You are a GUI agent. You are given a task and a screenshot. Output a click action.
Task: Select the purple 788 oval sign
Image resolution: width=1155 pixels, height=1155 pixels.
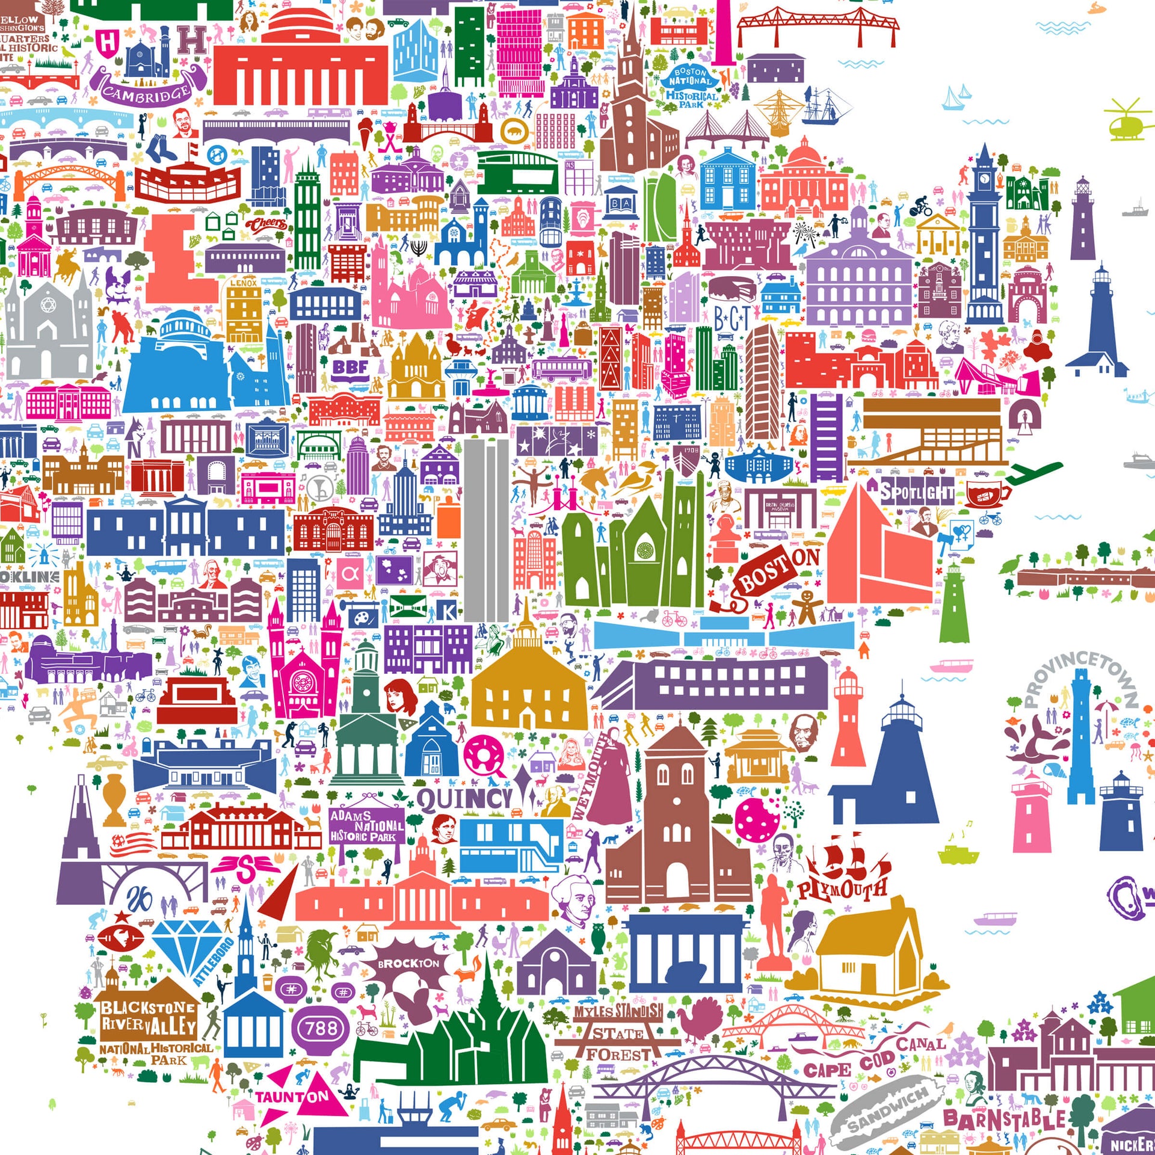pos(321,1029)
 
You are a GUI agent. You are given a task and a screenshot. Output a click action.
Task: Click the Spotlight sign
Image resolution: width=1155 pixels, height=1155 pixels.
pos(917,493)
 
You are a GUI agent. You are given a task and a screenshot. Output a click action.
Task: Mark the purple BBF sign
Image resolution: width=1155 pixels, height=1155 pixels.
pos(351,367)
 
